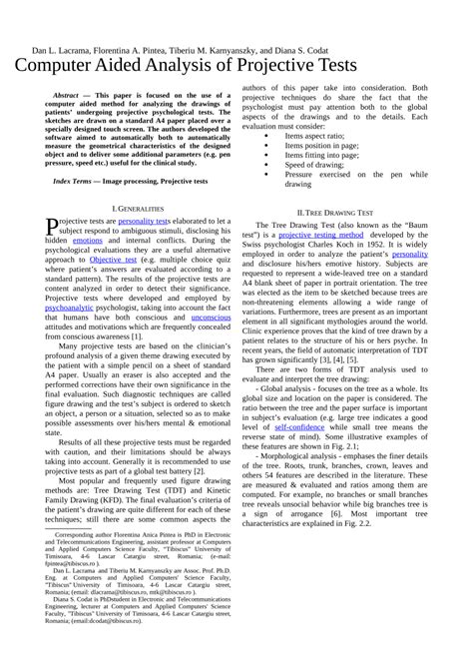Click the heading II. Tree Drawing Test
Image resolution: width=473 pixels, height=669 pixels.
335,213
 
